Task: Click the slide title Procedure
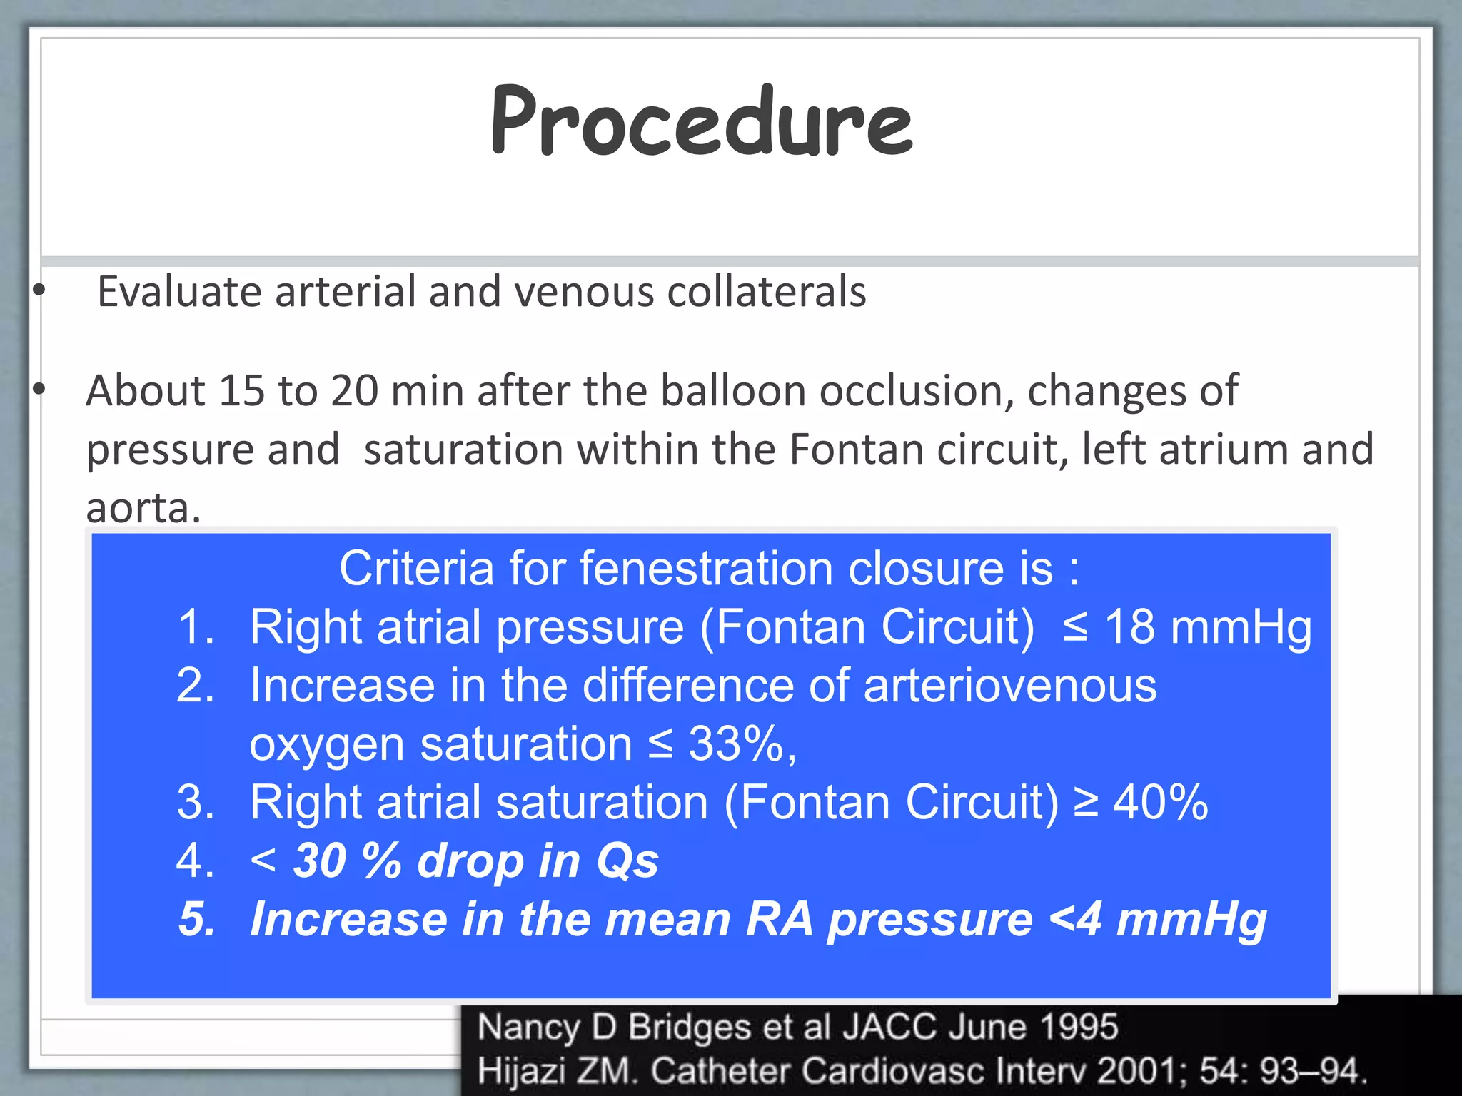point(702,121)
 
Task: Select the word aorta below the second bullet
point(143,508)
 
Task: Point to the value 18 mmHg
point(1207,627)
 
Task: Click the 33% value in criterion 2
point(736,744)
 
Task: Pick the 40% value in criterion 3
point(1161,803)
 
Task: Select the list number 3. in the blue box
point(196,803)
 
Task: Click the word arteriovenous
point(1009,686)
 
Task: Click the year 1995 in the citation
point(1078,1027)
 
